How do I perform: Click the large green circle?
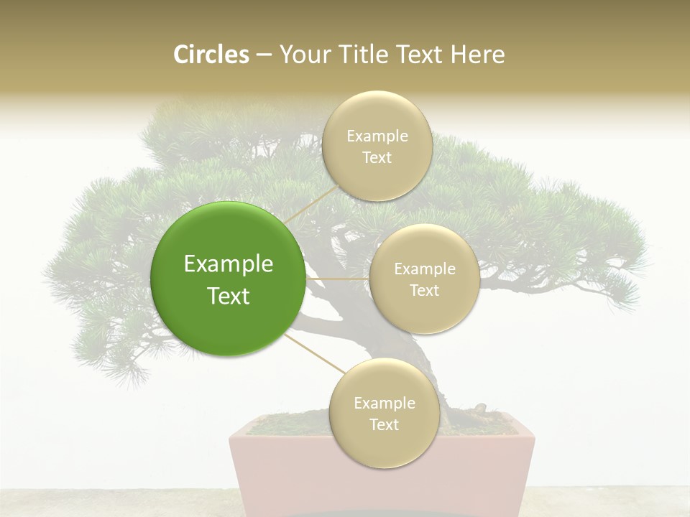click(x=228, y=279)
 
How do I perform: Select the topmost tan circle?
click(x=377, y=146)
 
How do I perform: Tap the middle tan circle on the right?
click(x=424, y=279)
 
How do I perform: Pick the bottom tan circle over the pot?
click(x=384, y=413)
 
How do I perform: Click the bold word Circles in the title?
click(x=211, y=55)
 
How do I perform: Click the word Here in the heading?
click(x=477, y=55)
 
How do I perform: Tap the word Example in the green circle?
click(x=229, y=264)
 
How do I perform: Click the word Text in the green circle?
click(x=229, y=296)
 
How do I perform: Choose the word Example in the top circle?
click(x=377, y=136)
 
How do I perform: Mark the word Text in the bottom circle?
click(x=384, y=424)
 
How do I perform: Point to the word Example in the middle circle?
click(x=425, y=269)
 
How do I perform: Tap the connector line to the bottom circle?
click(x=315, y=353)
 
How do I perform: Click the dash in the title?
click(x=264, y=55)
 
